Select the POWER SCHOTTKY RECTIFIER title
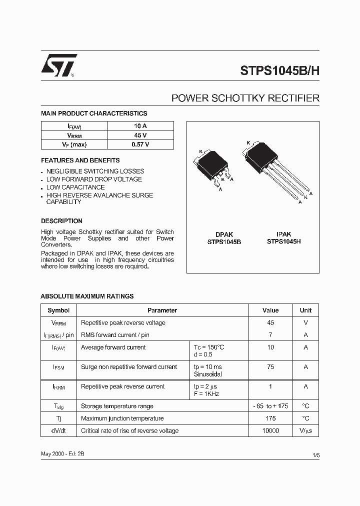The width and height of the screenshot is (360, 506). point(245,98)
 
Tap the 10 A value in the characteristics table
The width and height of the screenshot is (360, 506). point(140,126)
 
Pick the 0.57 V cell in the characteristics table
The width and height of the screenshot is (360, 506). point(140,144)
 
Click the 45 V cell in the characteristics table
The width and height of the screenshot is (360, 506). point(140,135)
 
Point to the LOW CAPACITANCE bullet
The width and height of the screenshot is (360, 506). point(75,187)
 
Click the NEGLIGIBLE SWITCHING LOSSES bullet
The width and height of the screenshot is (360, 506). point(95,171)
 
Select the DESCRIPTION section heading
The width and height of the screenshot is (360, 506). point(61,220)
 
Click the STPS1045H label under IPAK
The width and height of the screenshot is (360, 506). point(283,241)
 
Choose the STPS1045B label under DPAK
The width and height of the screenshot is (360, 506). point(224,241)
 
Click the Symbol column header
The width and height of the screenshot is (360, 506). point(58,310)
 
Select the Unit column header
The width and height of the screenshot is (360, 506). point(305,310)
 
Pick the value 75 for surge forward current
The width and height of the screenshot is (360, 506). point(270,367)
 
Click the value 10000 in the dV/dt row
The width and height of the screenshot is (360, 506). point(270,430)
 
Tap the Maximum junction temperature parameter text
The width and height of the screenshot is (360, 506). point(122,418)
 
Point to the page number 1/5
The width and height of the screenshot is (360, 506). point(315,455)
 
